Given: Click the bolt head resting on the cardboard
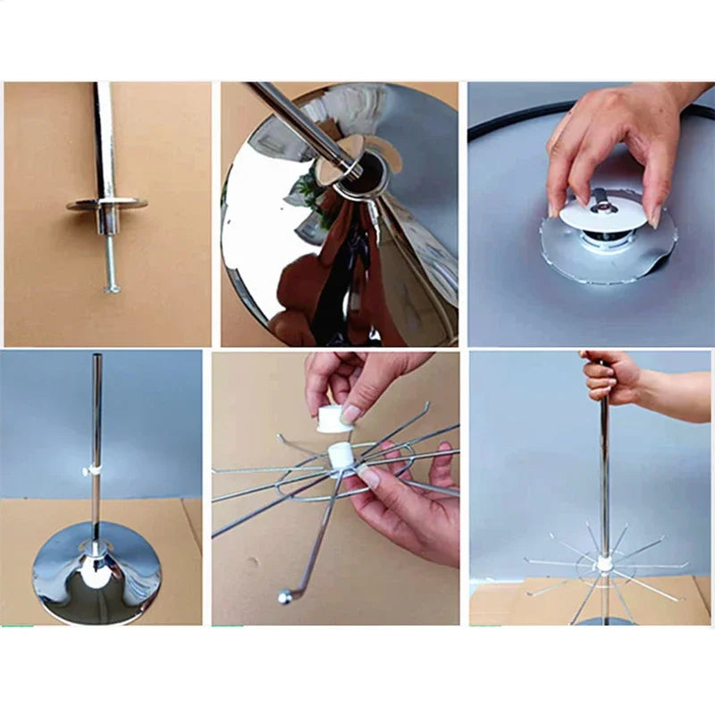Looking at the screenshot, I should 111,288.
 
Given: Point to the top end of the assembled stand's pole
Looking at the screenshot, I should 97,358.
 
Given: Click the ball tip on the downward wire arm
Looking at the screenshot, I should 285,596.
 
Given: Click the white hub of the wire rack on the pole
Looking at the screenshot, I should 605,563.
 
